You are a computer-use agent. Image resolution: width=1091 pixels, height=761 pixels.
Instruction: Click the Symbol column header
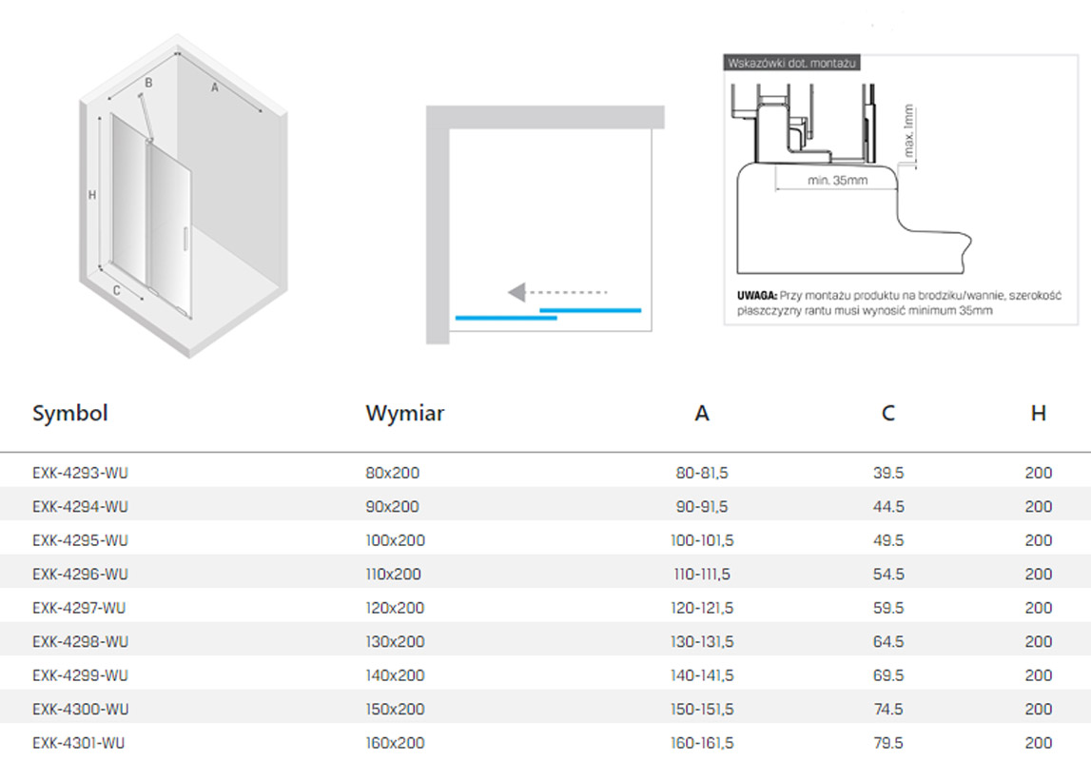pyautogui.click(x=69, y=413)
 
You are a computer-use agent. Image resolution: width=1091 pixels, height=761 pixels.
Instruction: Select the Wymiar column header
pyautogui.click(x=404, y=413)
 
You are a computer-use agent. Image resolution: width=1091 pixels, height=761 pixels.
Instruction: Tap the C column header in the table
pyautogui.click(x=887, y=413)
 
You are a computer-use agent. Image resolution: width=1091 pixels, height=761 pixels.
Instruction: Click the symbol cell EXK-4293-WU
pyautogui.click(x=80, y=473)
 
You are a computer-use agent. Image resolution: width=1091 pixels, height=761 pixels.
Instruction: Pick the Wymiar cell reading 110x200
pyautogui.click(x=393, y=574)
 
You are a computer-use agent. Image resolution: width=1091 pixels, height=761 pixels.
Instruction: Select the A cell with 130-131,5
pyautogui.click(x=702, y=641)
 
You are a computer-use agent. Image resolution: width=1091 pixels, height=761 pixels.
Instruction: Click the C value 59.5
pyautogui.click(x=888, y=608)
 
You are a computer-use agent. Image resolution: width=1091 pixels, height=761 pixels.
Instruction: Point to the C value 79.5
pyautogui.click(x=888, y=743)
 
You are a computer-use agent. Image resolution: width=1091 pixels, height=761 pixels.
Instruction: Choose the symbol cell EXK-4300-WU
pyautogui.click(x=80, y=710)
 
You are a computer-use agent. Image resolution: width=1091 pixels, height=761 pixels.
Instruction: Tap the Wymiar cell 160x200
pyautogui.click(x=395, y=743)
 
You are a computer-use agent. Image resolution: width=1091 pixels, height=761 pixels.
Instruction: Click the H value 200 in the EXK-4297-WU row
pyautogui.click(x=1038, y=608)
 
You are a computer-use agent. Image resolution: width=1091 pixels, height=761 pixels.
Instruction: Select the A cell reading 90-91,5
pyautogui.click(x=702, y=506)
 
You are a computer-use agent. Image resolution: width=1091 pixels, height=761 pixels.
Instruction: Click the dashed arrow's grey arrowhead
pyautogui.click(x=516, y=292)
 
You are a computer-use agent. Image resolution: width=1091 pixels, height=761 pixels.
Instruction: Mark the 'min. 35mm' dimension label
pyautogui.click(x=837, y=180)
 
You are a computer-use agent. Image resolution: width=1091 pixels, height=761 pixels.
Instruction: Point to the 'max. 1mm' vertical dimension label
pyautogui.click(x=908, y=130)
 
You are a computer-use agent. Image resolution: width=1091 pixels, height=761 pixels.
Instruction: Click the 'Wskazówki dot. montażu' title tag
pyautogui.click(x=791, y=64)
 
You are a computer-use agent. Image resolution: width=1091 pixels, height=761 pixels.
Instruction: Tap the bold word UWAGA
pyautogui.click(x=757, y=296)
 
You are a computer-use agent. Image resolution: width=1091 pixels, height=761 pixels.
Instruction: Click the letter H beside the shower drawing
pyautogui.click(x=92, y=195)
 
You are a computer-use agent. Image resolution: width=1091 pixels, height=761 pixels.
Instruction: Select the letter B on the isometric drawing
pyautogui.click(x=148, y=83)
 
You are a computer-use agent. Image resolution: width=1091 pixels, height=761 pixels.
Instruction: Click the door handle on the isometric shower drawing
pyautogui.click(x=185, y=238)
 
